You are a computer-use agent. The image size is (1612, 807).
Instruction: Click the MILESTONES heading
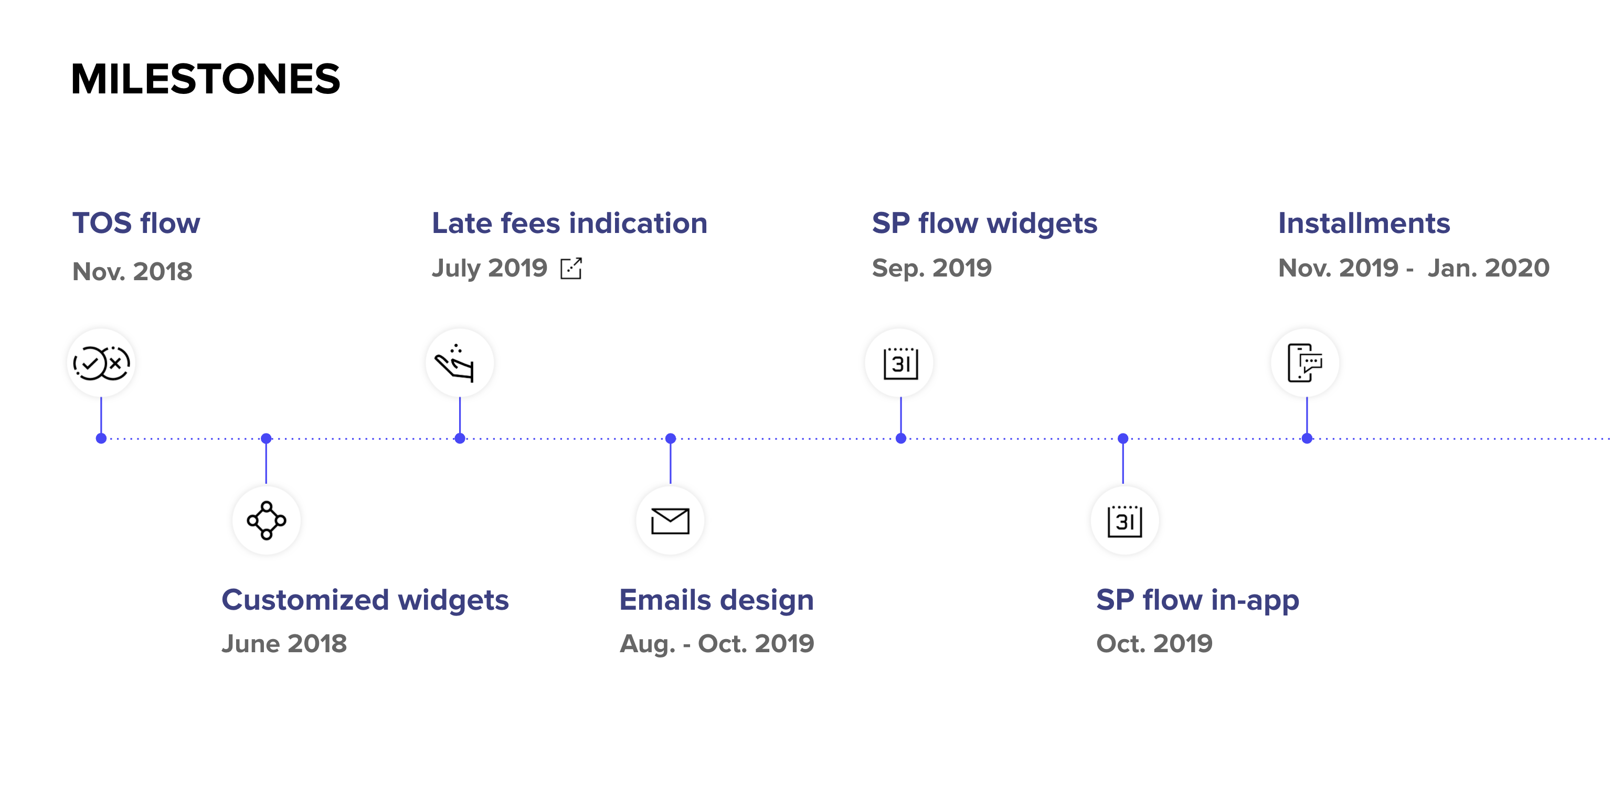pos(205,79)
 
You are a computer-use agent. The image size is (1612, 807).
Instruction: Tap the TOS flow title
pos(136,224)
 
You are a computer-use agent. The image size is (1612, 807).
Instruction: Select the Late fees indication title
pos(569,224)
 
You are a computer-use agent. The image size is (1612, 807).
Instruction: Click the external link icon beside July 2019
pos(571,268)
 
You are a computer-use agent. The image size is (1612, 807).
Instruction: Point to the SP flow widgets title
pos(984,224)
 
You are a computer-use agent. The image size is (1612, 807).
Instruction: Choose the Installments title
pos(1364,224)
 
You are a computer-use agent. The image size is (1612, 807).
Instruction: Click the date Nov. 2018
pos(133,271)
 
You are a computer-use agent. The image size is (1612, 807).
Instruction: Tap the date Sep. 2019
pos(932,268)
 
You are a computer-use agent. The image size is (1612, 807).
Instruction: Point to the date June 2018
pos(284,644)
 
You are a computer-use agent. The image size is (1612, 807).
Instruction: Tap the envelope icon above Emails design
pos(670,521)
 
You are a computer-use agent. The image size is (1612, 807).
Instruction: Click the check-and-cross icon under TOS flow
pos(101,363)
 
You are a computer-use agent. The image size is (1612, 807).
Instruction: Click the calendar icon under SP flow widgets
pos(900,364)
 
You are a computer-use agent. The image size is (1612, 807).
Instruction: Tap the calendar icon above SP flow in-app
pos(1125,521)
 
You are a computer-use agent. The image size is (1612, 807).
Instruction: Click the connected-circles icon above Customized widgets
pos(267,521)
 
